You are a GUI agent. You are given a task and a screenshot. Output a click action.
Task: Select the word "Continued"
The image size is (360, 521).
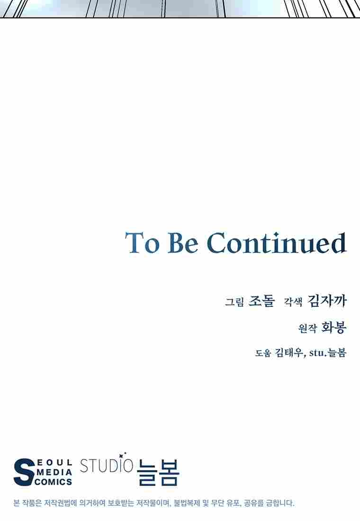pyautogui.click(x=277, y=243)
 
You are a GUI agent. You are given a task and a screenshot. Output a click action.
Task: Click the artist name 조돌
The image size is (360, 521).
pyautogui.click(x=261, y=301)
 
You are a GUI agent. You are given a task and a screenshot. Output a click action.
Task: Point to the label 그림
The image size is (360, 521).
pyautogui.click(x=234, y=302)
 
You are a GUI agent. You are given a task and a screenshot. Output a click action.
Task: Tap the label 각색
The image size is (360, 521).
pyautogui.click(x=293, y=302)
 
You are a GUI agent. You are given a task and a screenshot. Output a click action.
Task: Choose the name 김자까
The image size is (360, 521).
pyautogui.click(x=327, y=301)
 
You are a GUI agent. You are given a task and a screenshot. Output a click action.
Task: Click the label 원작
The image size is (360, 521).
pyautogui.click(x=307, y=329)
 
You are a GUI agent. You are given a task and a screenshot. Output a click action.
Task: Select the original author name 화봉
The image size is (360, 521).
pyautogui.click(x=334, y=328)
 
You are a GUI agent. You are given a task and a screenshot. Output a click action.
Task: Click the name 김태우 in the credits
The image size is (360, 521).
pyautogui.click(x=288, y=353)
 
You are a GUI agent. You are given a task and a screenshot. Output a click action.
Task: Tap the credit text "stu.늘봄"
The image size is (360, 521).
pyautogui.click(x=328, y=352)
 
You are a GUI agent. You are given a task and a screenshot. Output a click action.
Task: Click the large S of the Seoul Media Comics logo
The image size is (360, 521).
pyautogui.click(x=24, y=472)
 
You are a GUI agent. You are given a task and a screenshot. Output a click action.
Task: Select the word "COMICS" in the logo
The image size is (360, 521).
pyautogui.click(x=53, y=482)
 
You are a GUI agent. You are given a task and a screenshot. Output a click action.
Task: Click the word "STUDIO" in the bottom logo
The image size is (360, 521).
pyautogui.click(x=107, y=466)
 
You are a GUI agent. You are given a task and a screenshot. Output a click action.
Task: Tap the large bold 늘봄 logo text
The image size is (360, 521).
pyautogui.click(x=158, y=472)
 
